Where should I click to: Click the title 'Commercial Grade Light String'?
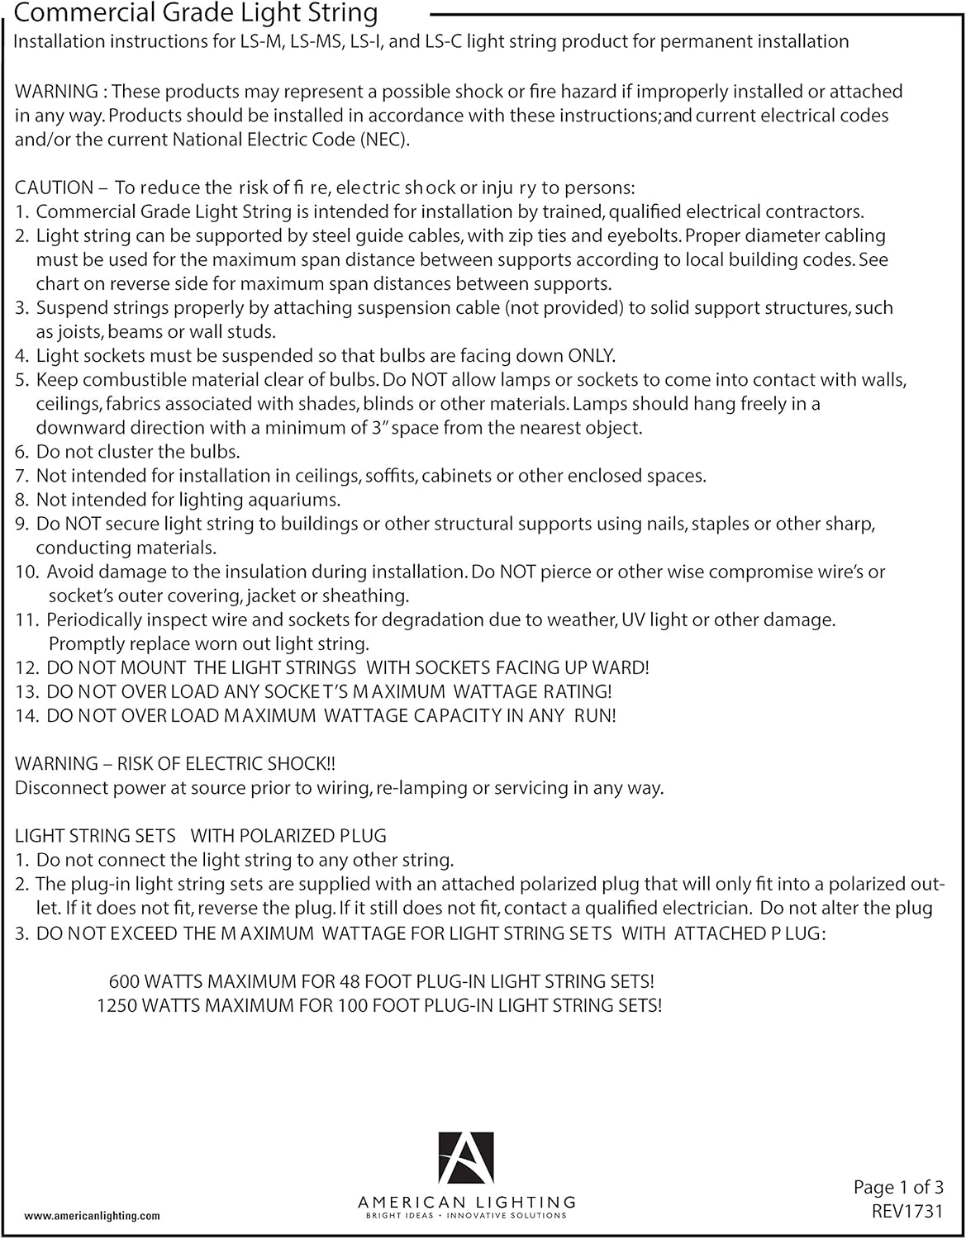(197, 14)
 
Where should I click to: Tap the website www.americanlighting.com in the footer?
(93, 1216)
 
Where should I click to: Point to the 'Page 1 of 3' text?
(898, 1188)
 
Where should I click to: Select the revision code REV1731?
(907, 1212)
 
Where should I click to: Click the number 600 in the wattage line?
(124, 981)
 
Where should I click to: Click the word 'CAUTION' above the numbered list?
(54, 188)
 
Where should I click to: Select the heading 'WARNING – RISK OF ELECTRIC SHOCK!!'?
(175, 763)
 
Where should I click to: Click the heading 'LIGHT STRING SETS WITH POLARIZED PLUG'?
(201, 836)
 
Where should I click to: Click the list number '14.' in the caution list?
(27, 715)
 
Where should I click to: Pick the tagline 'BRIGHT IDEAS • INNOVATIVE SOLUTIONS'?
(467, 1216)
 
